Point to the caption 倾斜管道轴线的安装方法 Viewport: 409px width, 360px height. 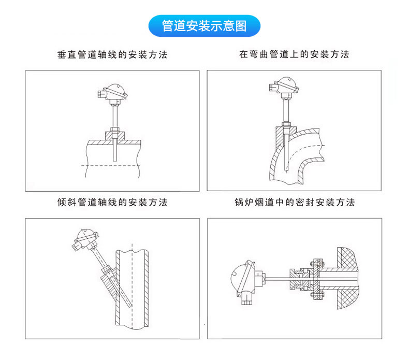(x=112, y=202)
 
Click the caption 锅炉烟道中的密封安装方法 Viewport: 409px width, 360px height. (x=294, y=202)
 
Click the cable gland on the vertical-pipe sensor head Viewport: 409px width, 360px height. (x=101, y=94)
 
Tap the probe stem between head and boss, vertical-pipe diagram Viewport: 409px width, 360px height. (x=113, y=114)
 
